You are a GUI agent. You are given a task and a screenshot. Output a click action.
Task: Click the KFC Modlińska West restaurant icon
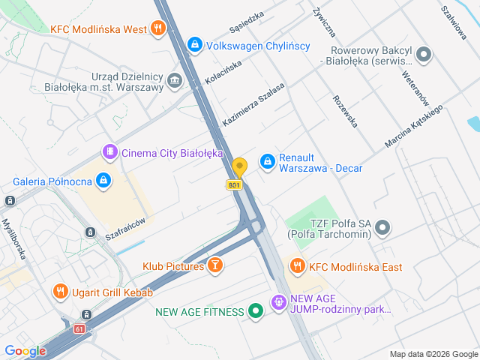click(x=157, y=29)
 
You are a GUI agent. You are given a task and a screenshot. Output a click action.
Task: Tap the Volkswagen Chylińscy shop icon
click(x=195, y=46)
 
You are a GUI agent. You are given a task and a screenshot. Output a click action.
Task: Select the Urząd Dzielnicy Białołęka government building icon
click(x=175, y=80)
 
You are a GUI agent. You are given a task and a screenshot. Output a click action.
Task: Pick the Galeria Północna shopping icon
click(x=103, y=181)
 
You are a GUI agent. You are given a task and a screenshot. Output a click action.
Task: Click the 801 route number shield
click(x=235, y=184)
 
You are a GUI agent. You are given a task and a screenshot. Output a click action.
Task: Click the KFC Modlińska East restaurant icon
click(x=298, y=266)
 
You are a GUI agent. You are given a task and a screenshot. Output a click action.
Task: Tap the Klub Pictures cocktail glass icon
click(x=215, y=265)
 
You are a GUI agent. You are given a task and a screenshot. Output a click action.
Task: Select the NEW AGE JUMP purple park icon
click(x=278, y=302)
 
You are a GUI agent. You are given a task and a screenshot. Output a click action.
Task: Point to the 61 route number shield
click(x=79, y=328)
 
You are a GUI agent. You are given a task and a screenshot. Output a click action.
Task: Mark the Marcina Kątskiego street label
click(x=414, y=125)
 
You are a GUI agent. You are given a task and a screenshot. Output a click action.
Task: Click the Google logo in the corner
click(x=25, y=350)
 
